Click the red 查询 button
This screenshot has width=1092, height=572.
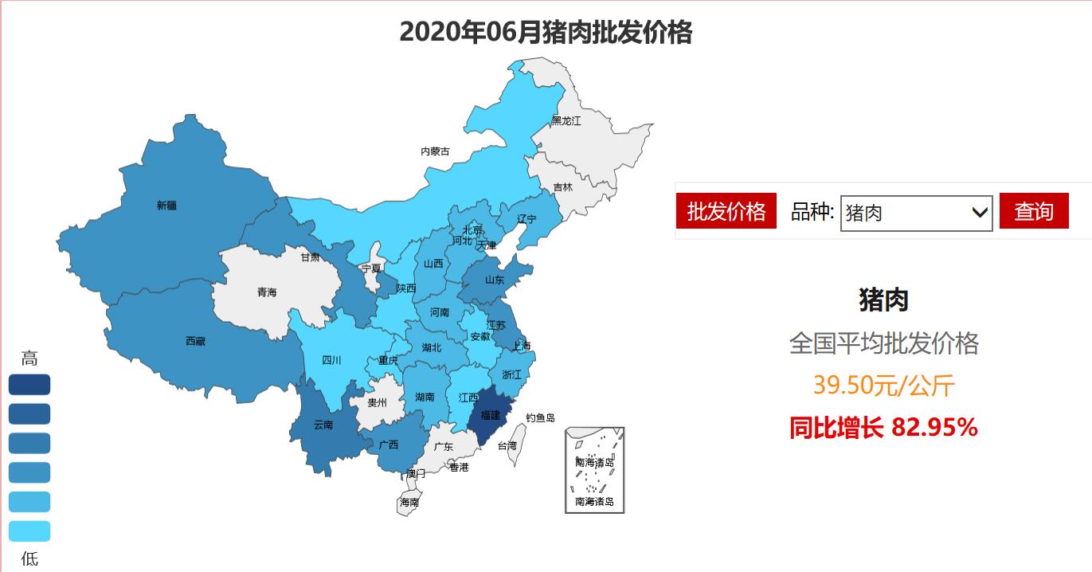(1034, 211)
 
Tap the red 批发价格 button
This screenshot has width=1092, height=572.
(726, 211)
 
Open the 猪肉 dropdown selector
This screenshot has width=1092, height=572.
(916, 213)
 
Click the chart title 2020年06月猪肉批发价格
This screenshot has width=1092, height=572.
(546, 33)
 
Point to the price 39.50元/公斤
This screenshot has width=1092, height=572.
(883, 386)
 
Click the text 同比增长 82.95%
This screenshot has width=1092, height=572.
(883, 428)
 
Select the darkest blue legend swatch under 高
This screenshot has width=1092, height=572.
(29, 385)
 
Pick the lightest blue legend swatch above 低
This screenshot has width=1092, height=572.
(29, 531)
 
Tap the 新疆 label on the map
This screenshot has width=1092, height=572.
(166, 206)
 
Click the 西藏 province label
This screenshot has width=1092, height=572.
(195, 341)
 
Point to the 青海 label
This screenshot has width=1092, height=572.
(267, 292)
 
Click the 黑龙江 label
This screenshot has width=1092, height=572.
(566, 121)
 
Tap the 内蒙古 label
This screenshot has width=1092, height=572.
(435, 151)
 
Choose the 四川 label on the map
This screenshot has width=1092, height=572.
(331, 360)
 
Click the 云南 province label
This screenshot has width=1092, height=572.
(323, 425)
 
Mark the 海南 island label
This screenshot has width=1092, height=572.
(409, 503)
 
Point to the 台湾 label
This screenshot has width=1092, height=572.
(507, 446)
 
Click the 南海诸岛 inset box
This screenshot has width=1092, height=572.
(594, 470)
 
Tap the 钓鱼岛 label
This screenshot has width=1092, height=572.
(540, 417)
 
